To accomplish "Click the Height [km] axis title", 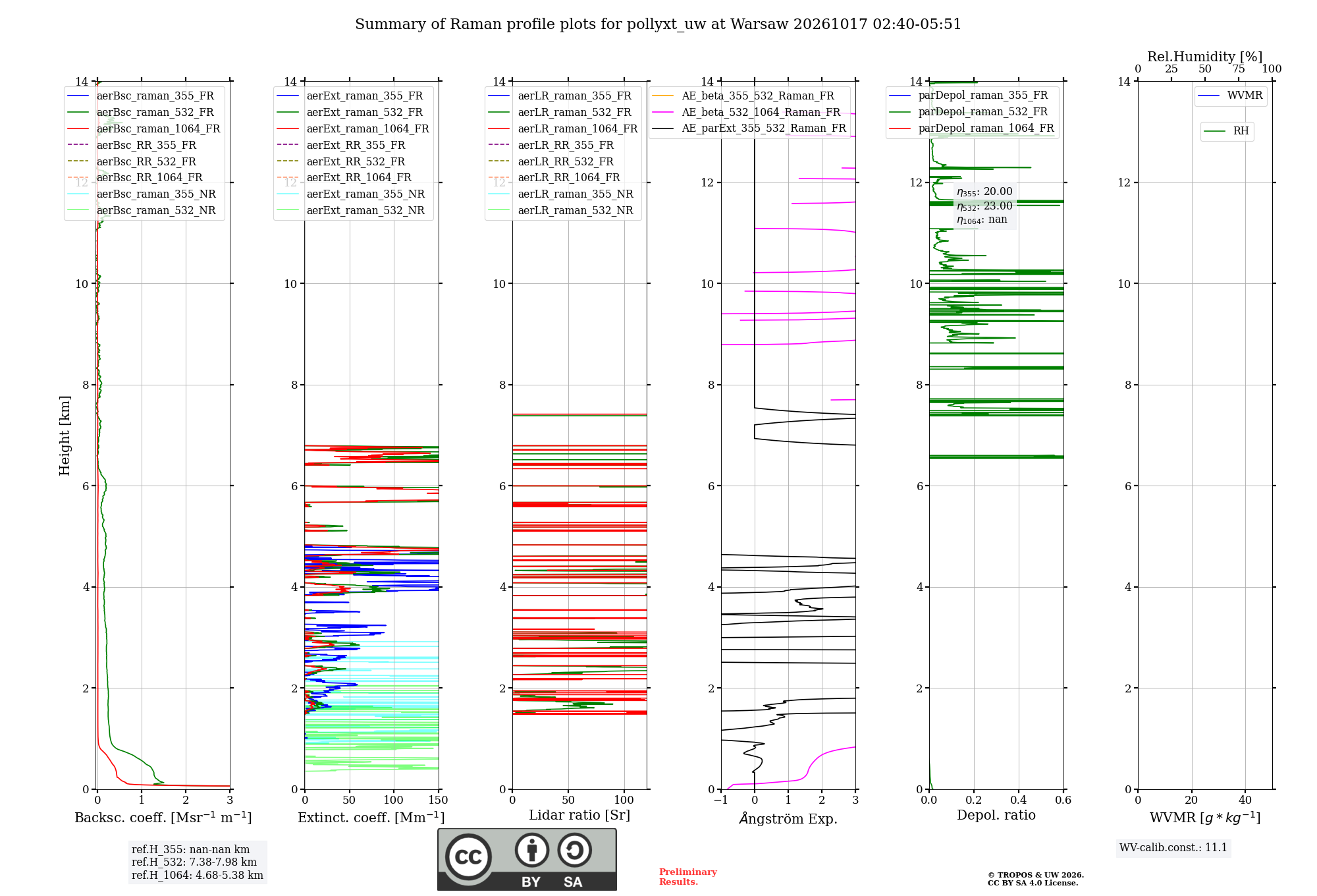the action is tap(65, 435).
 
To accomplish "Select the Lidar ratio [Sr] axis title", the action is tap(579, 815).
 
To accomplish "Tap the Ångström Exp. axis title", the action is tap(788, 818).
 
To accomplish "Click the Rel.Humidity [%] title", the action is tap(1205, 57).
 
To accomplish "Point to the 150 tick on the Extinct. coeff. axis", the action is tap(438, 800).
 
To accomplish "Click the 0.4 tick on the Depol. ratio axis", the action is tap(1019, 800).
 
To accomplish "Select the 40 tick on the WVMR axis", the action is tap(1245, 800).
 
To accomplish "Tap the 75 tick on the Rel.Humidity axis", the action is tap(1239, 69).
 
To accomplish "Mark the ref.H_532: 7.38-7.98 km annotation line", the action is tap(194, 862).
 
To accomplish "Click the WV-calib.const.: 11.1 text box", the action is tap(1173, 848).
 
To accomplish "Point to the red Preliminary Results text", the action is tap(688, 877).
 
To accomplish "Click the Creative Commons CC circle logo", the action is tap(468, 856).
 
